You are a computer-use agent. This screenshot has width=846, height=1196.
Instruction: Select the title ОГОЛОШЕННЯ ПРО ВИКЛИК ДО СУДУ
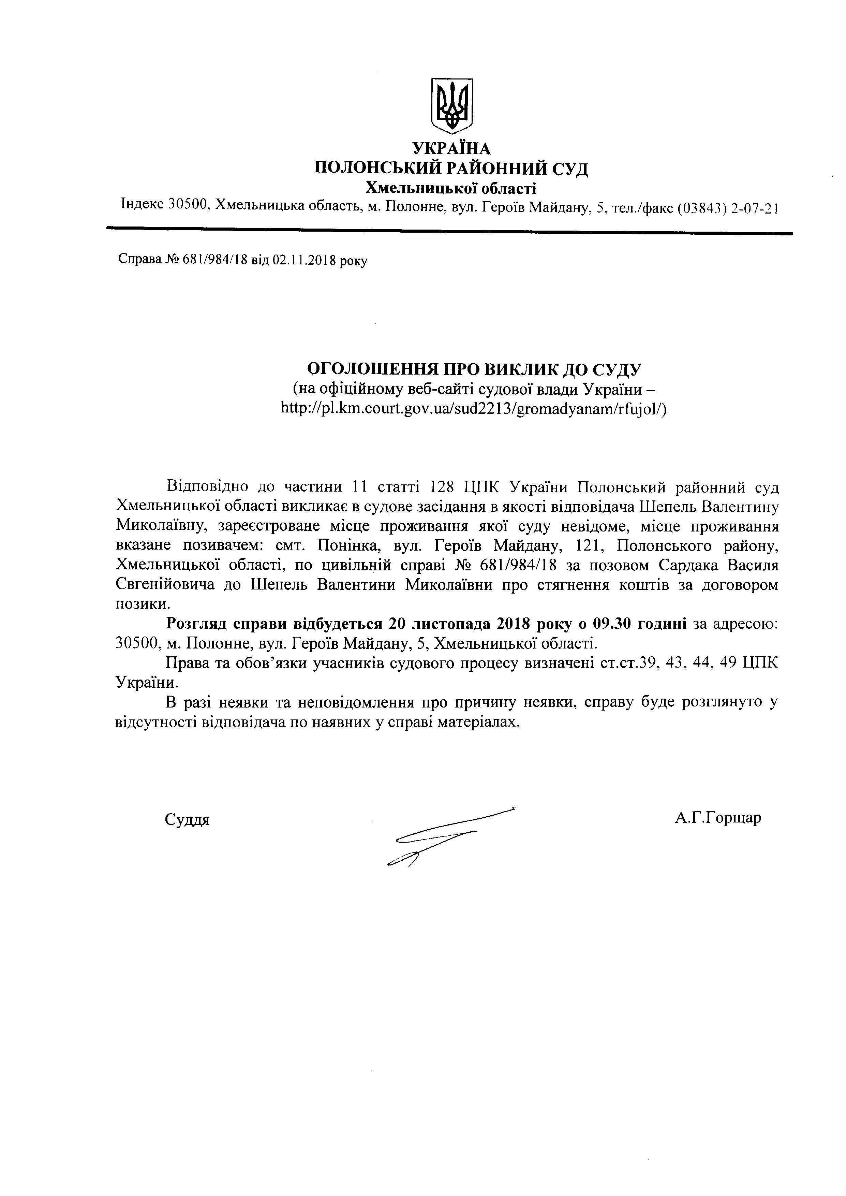pos(474,369)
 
